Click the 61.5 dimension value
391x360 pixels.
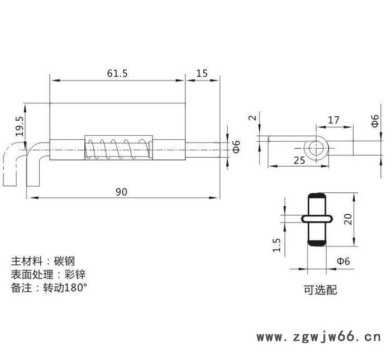tap(117, 73)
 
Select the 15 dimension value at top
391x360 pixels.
tap(202, 73)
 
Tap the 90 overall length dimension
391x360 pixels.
tap(121, 192)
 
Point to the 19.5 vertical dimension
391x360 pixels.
tap(20, 127)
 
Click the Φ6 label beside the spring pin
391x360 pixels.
tap(236, 147)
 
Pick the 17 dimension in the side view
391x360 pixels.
tap(333, 120)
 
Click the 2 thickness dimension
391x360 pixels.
tap(252, 118)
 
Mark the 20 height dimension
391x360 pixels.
tap(348, 219)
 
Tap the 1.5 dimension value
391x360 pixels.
tap(277, 244)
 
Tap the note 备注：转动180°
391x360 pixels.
tap(50, 288)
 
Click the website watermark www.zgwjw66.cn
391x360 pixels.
tap(318, 337)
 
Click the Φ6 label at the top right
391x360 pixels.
tap(375, 121)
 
